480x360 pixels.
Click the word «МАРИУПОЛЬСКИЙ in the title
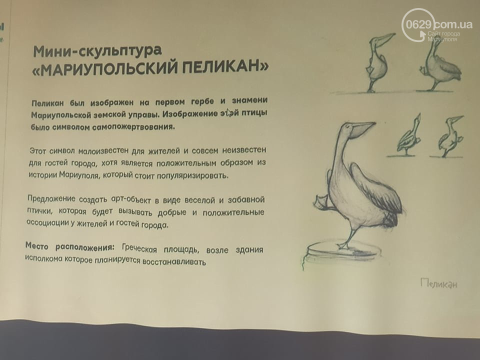104,69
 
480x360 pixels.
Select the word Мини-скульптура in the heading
97,51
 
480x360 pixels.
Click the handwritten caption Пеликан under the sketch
439,283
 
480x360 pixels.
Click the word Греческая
139,248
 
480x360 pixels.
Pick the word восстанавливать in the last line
174,262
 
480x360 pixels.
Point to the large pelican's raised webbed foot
321,201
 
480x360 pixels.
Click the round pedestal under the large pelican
343,250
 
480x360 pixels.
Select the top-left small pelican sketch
378,62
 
